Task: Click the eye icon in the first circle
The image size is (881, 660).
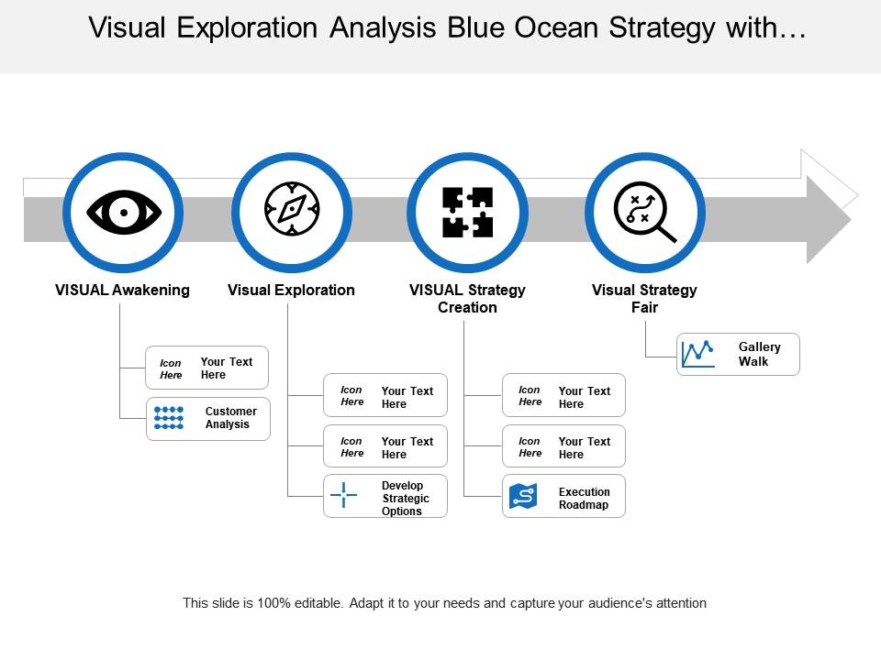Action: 123,213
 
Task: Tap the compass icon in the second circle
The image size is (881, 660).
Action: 292,210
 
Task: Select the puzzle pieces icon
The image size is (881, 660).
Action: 468,213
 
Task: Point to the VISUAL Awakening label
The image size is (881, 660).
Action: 122,290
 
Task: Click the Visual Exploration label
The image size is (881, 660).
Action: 291,290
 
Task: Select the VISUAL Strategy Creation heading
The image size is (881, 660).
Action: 467,298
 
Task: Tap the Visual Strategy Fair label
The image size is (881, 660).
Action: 644,298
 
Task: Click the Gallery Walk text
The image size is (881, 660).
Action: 759,354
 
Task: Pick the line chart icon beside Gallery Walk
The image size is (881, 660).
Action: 698,354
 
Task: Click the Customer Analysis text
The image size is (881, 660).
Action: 230,418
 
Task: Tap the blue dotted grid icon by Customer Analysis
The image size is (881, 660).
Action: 169,418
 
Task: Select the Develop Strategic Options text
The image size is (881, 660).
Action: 406,498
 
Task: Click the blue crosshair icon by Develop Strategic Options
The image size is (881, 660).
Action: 343,495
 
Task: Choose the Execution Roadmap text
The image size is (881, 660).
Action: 584,498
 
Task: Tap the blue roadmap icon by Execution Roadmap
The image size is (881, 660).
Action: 523,497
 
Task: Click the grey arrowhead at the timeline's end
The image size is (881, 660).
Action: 828,220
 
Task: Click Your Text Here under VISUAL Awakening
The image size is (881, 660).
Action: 226,368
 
